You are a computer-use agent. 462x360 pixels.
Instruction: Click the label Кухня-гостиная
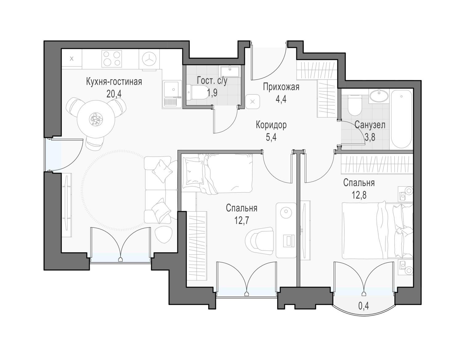tap(114, 82)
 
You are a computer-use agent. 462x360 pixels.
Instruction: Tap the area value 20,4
tap(114, 94)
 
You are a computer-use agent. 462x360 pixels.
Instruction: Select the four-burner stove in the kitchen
tap(111, 59)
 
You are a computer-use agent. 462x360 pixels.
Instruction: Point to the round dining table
tap(96, 119)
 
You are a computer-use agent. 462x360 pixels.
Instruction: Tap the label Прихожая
tap(281, 87)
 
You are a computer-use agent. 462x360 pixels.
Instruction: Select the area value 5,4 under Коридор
tap(271, 137)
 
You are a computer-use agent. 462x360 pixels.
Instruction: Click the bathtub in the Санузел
tap(401, 119)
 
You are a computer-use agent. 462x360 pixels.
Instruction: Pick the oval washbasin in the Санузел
tap(379, 96)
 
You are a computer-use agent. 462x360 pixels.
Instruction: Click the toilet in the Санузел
tap(355, 105)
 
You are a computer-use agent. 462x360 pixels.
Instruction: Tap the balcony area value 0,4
tap(363, 306)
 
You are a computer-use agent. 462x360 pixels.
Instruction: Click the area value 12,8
tap(359, 195)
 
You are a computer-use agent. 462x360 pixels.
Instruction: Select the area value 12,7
tap(241, 220)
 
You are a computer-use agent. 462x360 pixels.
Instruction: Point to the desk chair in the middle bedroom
tap(259, 241)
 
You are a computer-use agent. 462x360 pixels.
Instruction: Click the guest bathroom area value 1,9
tap(212, 93)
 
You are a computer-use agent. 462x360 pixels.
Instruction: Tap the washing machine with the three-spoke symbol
tap(149, 59)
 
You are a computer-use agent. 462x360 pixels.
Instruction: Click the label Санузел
tap(370, 125)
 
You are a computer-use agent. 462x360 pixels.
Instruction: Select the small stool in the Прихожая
tap(253, 102)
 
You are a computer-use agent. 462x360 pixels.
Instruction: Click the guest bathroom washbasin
tap(230, 71)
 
